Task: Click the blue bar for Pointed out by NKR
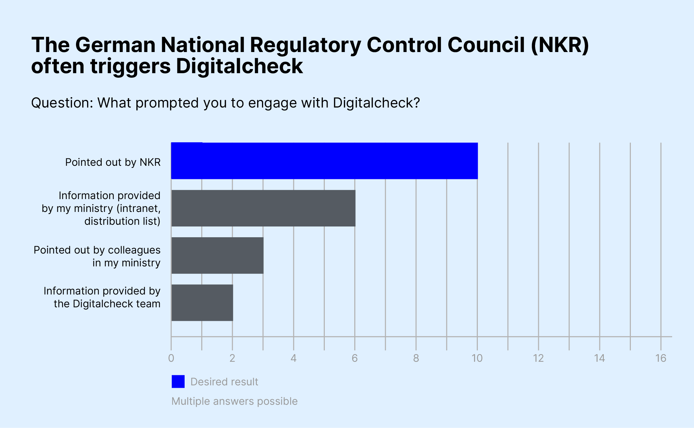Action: (x=324, y=161)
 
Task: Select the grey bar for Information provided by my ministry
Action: (x=263, y=208)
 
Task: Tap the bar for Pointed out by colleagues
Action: (x=217, y=256)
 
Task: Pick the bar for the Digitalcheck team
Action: (x=202, y=303)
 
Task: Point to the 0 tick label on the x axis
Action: (x=171, y=358)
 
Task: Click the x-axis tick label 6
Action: (x=355, y=358)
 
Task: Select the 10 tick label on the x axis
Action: (x=477, y=358)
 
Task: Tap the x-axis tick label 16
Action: (x=661, y=358)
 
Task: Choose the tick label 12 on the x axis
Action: (x=538, y=358)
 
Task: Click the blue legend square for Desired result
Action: (x=178, y=382)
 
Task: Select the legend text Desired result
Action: (x=224, y=382)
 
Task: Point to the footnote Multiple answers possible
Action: (x=235, y=401)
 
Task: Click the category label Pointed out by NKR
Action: (x=113, y=162)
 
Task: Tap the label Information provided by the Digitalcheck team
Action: (x=102, y=297)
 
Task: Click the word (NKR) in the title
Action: (x=560, y=45)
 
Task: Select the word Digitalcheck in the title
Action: (x=239, y=66)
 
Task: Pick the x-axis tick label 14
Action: (x=599, y=358)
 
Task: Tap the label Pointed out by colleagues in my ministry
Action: (x=97, y=256)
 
